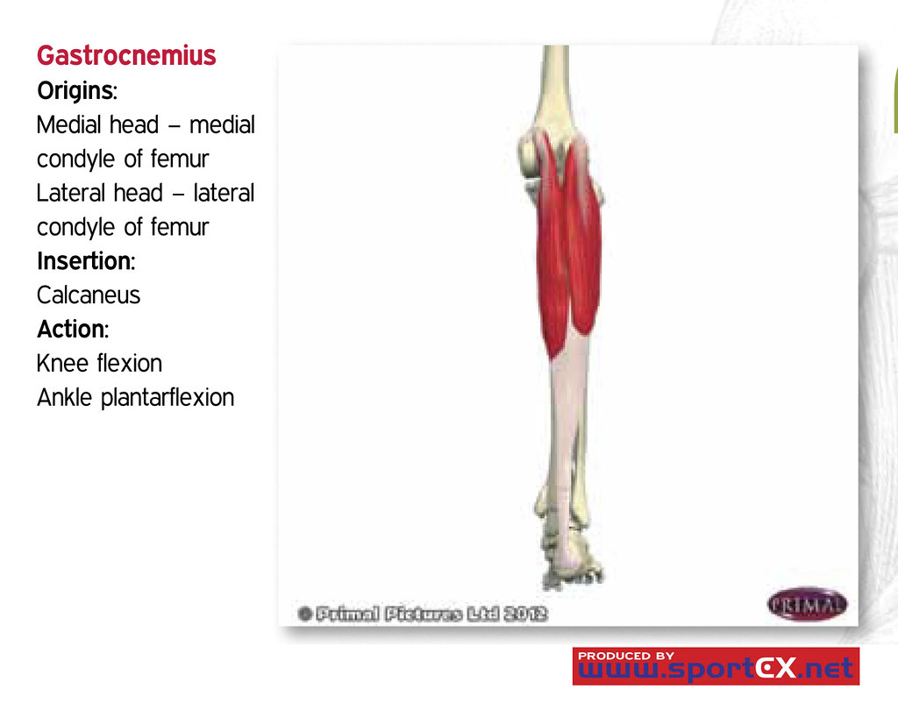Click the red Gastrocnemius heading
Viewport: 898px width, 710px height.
tap(126, 55)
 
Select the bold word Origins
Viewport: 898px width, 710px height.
tap(75, 90)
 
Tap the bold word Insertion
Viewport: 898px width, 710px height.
tap(85, 261)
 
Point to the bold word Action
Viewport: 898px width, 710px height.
tap(72, 330)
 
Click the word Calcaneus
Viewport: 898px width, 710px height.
tap(89, 295)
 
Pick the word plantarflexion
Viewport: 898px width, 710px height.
tap(167, 397)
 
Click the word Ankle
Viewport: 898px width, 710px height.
tap(64, 397)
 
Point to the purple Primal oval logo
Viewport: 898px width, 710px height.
tap(807, 604)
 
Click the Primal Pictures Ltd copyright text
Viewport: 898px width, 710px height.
tap(431, 614)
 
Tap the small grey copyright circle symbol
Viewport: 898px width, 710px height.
tap(304, 614)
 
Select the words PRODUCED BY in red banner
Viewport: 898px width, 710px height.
tap(626, 656)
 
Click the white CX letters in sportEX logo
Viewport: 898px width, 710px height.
tap(775, 668)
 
